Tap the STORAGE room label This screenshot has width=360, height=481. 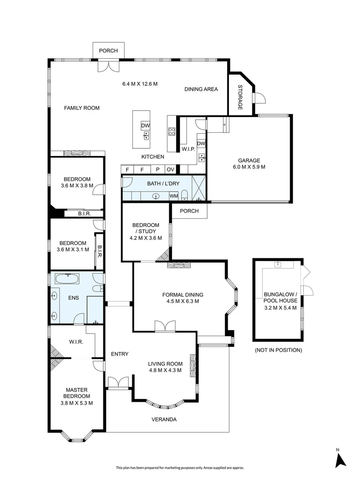pyautogui.click(x=240, y=97)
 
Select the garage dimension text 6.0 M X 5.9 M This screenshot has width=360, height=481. pyautogui.click(x=249, y=167)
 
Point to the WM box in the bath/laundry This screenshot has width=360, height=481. pyautogui.click(x=173, y=196)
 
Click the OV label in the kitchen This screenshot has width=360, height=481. pyautogui.click(x=170, y=169)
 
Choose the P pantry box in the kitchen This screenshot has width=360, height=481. pyautogui.click(x=157, y=169)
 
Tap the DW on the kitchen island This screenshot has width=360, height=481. pyautogui.click(x=145, y=126)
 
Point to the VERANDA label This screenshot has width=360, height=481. pyautogui.click(x=164, y=420)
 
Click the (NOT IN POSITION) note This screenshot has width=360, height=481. pyautogui.click(x=278, y=350)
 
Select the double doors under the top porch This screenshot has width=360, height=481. pyautogui.click(x=108, y=65)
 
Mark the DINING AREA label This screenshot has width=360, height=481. pyautogui.click(x=201, y=89)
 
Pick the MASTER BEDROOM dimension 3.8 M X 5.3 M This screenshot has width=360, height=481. pyautogui.click(x=76, y=403)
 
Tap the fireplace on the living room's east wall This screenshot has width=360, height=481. pyautogui.click(x=192, y=365)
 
